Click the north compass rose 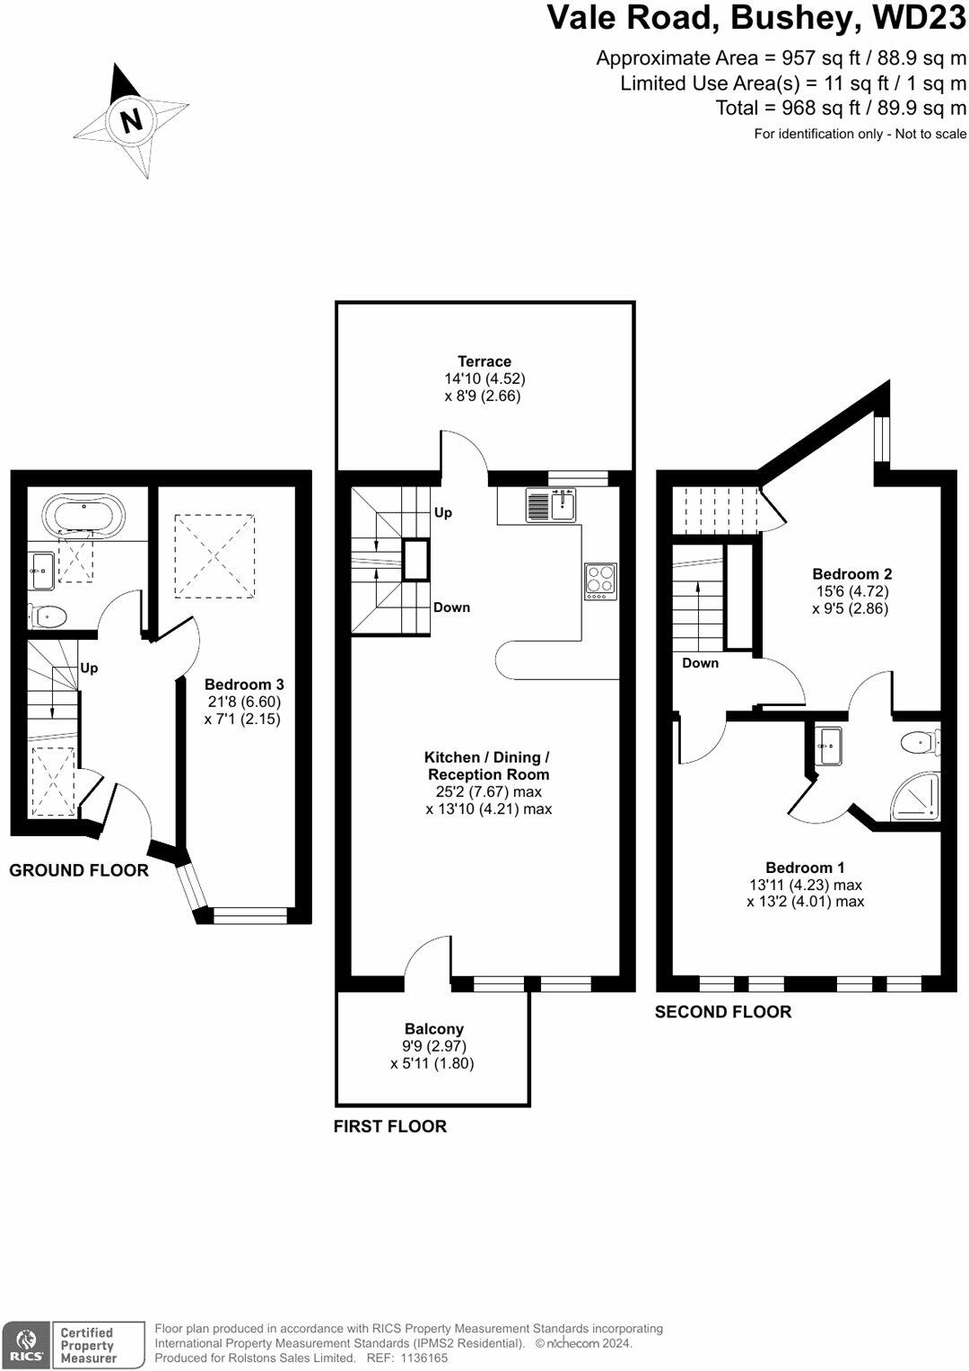[131, 120]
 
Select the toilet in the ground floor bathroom [48, 616]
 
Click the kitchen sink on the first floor [552, 505]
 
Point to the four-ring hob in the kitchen [600, 581]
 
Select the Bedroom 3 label [244, 685]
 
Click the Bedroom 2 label [851, 574]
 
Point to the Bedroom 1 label [805, 868]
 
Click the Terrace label [484, 362]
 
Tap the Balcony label [434, 1029]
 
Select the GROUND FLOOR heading [79, 870]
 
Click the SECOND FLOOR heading [723, 1012]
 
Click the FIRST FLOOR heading [390, 1127]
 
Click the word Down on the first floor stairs [451, 607]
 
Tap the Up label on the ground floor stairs [89, 668]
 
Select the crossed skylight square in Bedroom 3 [214, 555]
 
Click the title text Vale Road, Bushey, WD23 [756, 18]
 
